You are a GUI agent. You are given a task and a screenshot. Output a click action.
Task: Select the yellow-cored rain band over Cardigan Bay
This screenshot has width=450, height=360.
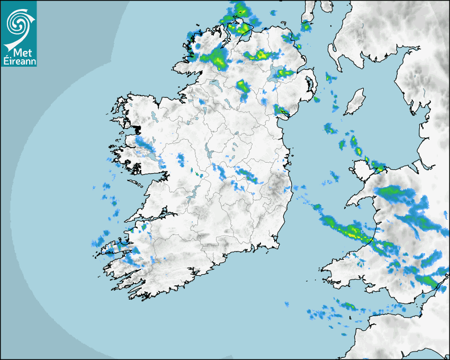point(347,229)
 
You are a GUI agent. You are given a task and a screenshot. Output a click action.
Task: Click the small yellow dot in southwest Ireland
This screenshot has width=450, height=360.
point(157,262)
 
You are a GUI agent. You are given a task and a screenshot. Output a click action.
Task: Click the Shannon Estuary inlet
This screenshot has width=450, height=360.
point(151,218)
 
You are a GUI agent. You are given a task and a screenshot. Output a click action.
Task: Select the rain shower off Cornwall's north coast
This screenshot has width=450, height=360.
point(347,305)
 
